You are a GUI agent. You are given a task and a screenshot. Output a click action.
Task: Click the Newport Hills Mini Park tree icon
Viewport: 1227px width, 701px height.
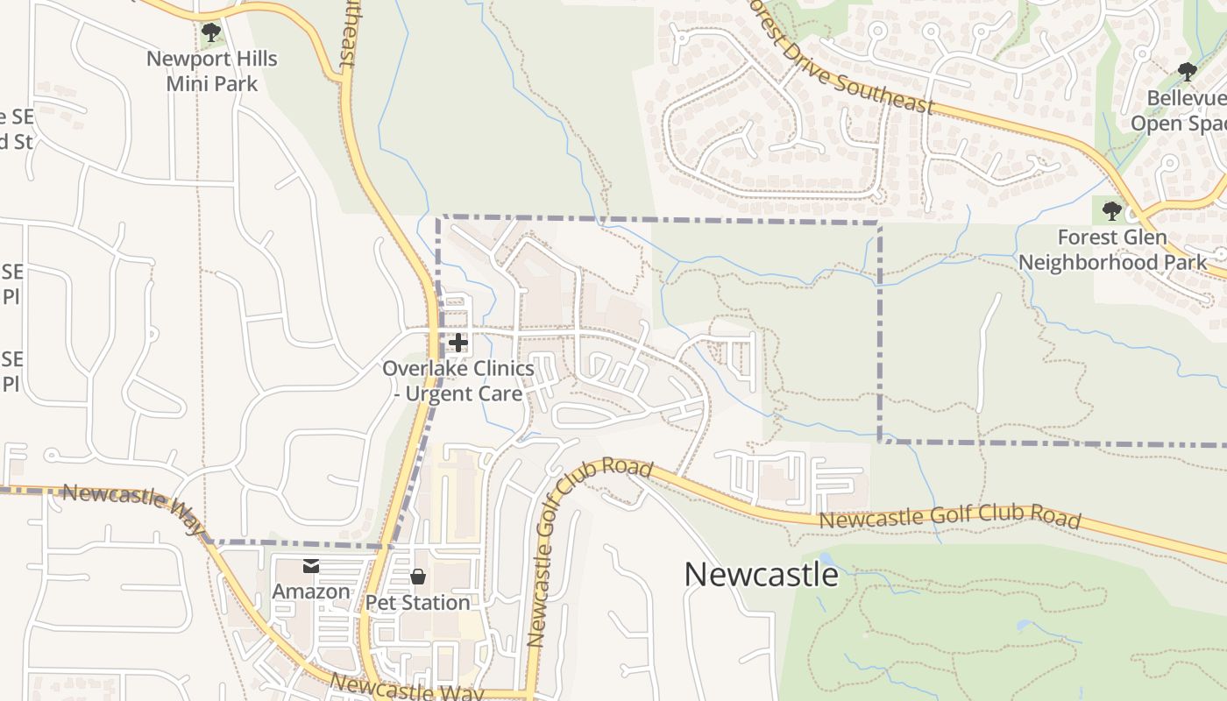[210, 33]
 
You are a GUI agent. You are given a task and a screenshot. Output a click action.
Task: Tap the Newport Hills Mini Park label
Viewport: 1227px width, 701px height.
[211, 71]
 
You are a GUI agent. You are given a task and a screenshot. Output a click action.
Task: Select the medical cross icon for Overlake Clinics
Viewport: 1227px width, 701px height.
[457, 343]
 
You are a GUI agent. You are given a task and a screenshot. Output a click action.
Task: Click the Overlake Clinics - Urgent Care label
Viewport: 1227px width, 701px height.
[457, 381]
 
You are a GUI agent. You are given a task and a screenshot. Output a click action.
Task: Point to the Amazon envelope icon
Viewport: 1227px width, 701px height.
[311, 567]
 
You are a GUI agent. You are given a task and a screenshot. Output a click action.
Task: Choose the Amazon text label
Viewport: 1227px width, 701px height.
[311, 591]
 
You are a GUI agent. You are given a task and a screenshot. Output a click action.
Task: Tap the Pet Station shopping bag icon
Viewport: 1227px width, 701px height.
[418, 577]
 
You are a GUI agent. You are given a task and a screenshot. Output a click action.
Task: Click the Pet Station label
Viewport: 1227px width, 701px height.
[418, 603]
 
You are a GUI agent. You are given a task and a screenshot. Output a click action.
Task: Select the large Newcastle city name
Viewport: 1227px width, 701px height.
[761, 575]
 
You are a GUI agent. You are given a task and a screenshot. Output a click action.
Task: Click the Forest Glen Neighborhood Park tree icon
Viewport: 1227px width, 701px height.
[1111, 211]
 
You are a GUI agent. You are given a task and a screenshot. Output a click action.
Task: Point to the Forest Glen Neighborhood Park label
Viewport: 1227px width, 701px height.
[1111, 250]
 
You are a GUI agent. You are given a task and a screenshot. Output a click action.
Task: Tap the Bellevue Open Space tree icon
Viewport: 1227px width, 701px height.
[1188, 72]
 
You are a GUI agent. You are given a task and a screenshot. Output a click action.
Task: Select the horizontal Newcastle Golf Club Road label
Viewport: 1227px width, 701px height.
[949, 519]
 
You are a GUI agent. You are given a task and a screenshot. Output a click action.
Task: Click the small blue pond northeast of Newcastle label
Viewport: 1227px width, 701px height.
[825, 556]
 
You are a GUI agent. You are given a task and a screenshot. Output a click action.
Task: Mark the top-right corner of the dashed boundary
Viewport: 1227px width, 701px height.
[879, 223]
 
